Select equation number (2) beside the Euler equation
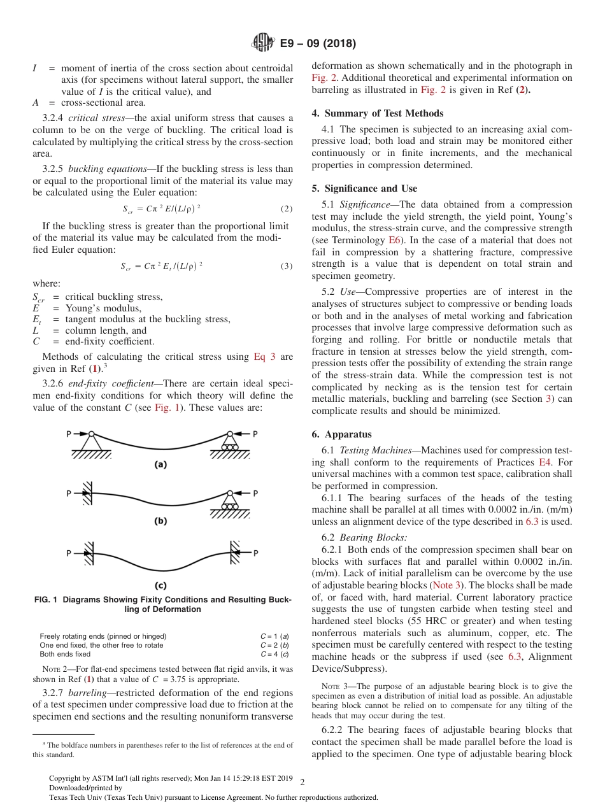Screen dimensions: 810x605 click(x=286, y=209)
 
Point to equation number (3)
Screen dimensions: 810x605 click(x=286, y=266)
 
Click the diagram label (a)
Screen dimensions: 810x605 click(x=161, y=465)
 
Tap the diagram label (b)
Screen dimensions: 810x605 click(x=161, y=521)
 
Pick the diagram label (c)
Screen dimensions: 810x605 click(x=161, y=585)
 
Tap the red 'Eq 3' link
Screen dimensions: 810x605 click(x=264, y=357)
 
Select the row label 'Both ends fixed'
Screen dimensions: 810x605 click(x=65, y=654)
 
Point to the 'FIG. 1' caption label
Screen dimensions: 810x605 click(x=48, y=600)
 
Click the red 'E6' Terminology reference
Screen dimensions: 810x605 click(x=394, y=241)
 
